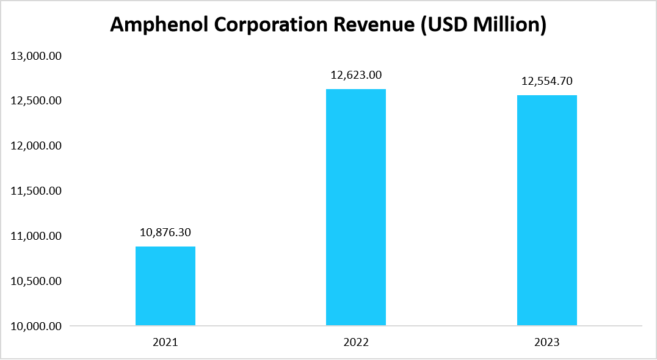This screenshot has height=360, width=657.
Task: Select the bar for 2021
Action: pyautogui.click(x=165, y=286)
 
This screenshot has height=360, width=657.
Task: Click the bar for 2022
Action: pyautogui.click(x=356, y=207)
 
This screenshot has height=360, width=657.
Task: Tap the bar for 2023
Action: pyautogui.click(x=547, y=210)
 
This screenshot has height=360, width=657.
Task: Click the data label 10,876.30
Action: pyautogui.click(x=165, y=232)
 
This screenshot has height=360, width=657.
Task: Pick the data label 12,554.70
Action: pyautogui.click(x=547, y=81)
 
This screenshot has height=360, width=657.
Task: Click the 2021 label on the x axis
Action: pyautogui.click(x=165, y=343)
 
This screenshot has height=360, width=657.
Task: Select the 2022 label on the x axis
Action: pyautogui.click(x=356, y=343)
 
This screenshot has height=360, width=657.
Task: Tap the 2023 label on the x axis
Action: pyautogui.click(x=547, y=343)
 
